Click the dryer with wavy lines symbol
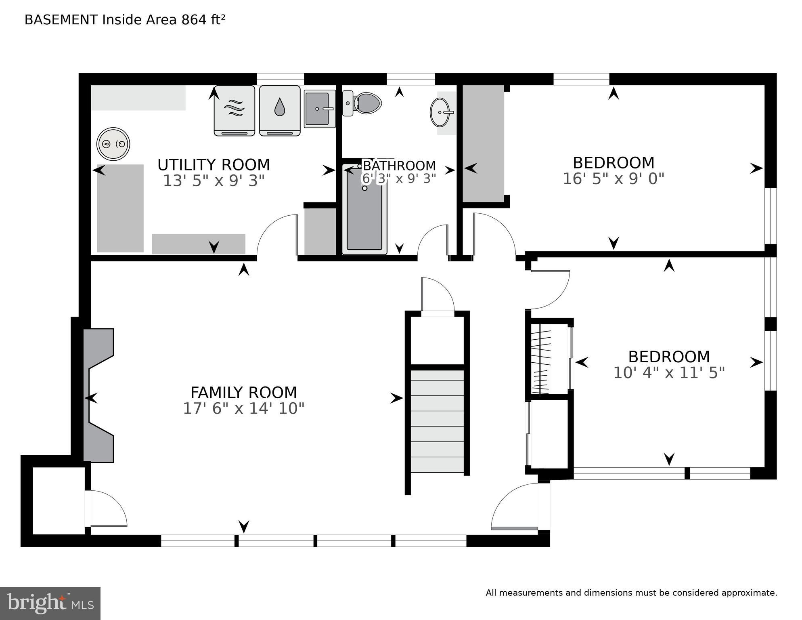[234, 110]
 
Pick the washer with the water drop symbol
[279, 110]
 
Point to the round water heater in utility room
[113, 144]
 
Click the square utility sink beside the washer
[319, 109]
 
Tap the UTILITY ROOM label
[214, 165]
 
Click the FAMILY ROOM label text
[243, 393]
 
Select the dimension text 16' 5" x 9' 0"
[613, 179]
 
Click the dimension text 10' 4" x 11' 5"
[669, 372]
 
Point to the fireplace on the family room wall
[98, 396]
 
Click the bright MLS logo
[50, 603]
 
